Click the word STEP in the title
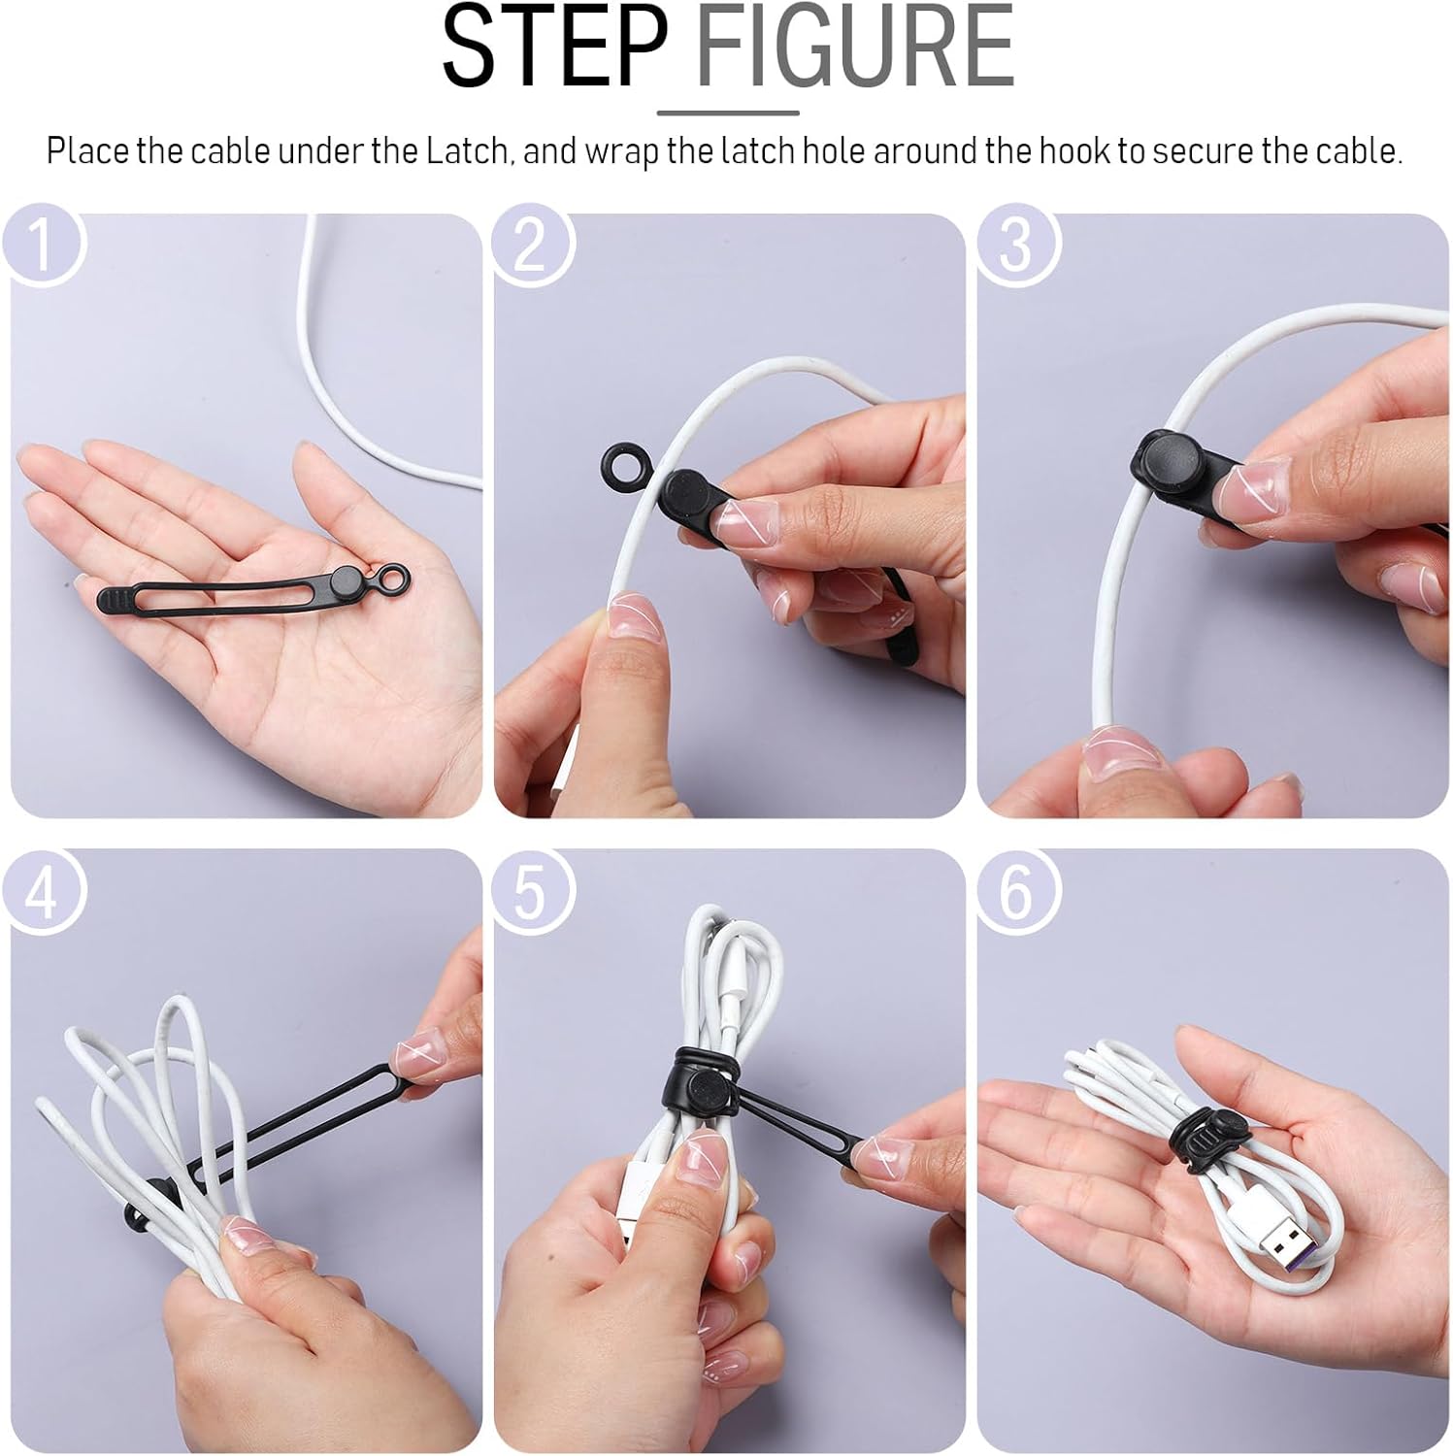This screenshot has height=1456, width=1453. click(x=553, y=49)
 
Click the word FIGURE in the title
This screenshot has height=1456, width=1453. click(x=855, y=49)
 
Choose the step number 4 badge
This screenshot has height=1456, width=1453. click(x=42, y=890)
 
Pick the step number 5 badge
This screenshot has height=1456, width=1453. click(x=530, y=890)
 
